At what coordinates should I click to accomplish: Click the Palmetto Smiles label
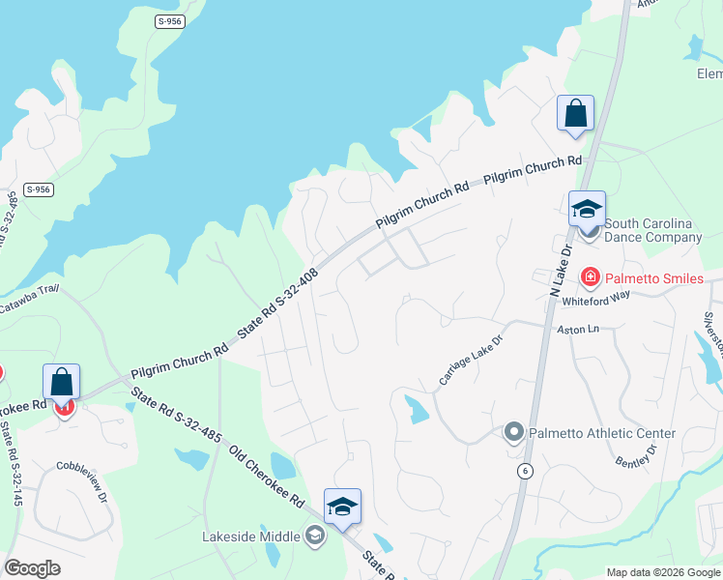[655, 278]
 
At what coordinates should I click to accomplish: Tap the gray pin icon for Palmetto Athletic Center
[514, 431]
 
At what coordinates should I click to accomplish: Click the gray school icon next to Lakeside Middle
[314, 536]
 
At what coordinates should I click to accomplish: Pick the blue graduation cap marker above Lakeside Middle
[342, 507]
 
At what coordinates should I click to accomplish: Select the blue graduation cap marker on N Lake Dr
[587, 209]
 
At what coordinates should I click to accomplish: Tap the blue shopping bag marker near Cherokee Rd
[62, 382]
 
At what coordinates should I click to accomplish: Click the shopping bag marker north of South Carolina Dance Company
[575, 112]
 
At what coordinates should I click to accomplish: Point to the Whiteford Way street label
[595, 301]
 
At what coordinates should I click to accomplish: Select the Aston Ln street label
[579, 330]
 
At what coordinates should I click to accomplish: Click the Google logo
[33, 568]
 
